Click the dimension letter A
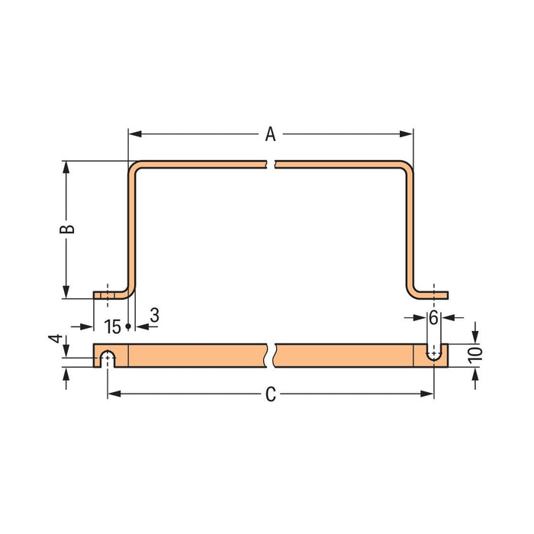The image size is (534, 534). [270, 135]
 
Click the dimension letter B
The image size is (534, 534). [67, 230]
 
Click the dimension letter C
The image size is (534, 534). [270, 394]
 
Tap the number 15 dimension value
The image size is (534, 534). [112, 327]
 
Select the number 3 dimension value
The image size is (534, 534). [155, 315]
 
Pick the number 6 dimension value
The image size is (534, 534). [433, 317]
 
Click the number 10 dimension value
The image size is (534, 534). [476, 355]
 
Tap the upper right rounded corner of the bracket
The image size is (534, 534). [407, 166]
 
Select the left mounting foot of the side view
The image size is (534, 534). [109, 294]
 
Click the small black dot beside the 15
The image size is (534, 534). [128, 327]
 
